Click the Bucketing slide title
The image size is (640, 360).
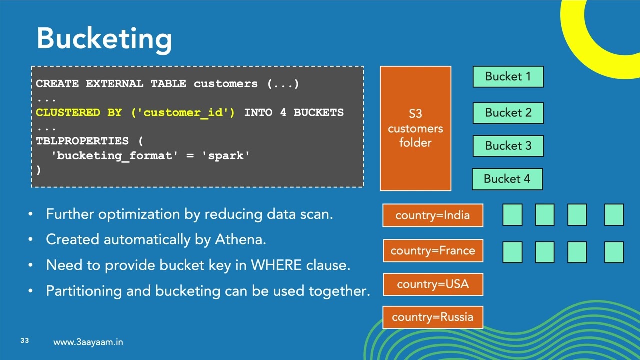[104, 39]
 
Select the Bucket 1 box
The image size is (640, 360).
[508, 77]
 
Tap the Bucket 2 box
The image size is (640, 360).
[508, 113]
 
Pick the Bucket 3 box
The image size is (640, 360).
[508, 146]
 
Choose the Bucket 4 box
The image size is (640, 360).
[507, 179]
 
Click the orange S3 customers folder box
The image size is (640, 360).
[415, 128]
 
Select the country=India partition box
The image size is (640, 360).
[433, 215]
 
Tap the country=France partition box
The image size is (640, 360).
[433, 250]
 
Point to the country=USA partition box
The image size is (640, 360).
[433, 284]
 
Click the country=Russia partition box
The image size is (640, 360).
[433, 317]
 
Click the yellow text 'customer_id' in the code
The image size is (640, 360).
[183, 113]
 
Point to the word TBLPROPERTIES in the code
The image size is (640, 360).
[82, 141]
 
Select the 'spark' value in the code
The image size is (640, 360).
[226, 156]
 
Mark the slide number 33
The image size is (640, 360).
[25, 341]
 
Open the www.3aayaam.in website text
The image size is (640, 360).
[88, 342]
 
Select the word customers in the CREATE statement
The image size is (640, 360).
[226, 84]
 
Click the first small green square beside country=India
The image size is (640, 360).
[512, 215]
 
